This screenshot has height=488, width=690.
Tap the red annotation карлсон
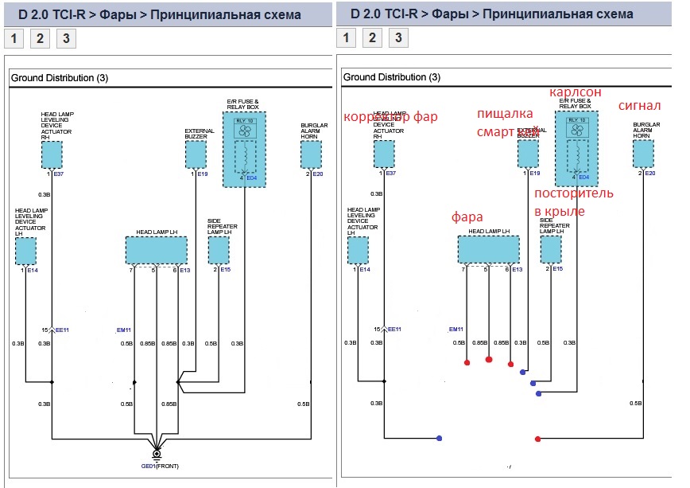point(575,92)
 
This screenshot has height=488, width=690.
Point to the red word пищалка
point(499,113)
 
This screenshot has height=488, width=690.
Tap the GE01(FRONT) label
point(159,466)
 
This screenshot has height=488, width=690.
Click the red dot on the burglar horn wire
point(538,439)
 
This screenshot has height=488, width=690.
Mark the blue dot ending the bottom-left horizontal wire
point(439,438)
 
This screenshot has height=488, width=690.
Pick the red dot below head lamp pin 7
point(467,362)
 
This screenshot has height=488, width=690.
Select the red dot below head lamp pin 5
point(488,360)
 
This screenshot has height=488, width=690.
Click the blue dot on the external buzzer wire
point(522,372)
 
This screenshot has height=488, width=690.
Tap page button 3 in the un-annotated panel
point(66,38)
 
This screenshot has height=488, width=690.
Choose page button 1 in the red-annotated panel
point(346,37)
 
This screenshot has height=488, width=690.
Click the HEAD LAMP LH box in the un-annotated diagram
point(157,250)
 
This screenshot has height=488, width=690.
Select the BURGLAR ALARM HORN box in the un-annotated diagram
point(311,155)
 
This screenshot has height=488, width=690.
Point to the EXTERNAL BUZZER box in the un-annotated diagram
point(196,155)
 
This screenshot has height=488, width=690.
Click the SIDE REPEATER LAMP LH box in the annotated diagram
point(551,250)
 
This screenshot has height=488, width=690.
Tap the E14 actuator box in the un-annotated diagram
point(25,252)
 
